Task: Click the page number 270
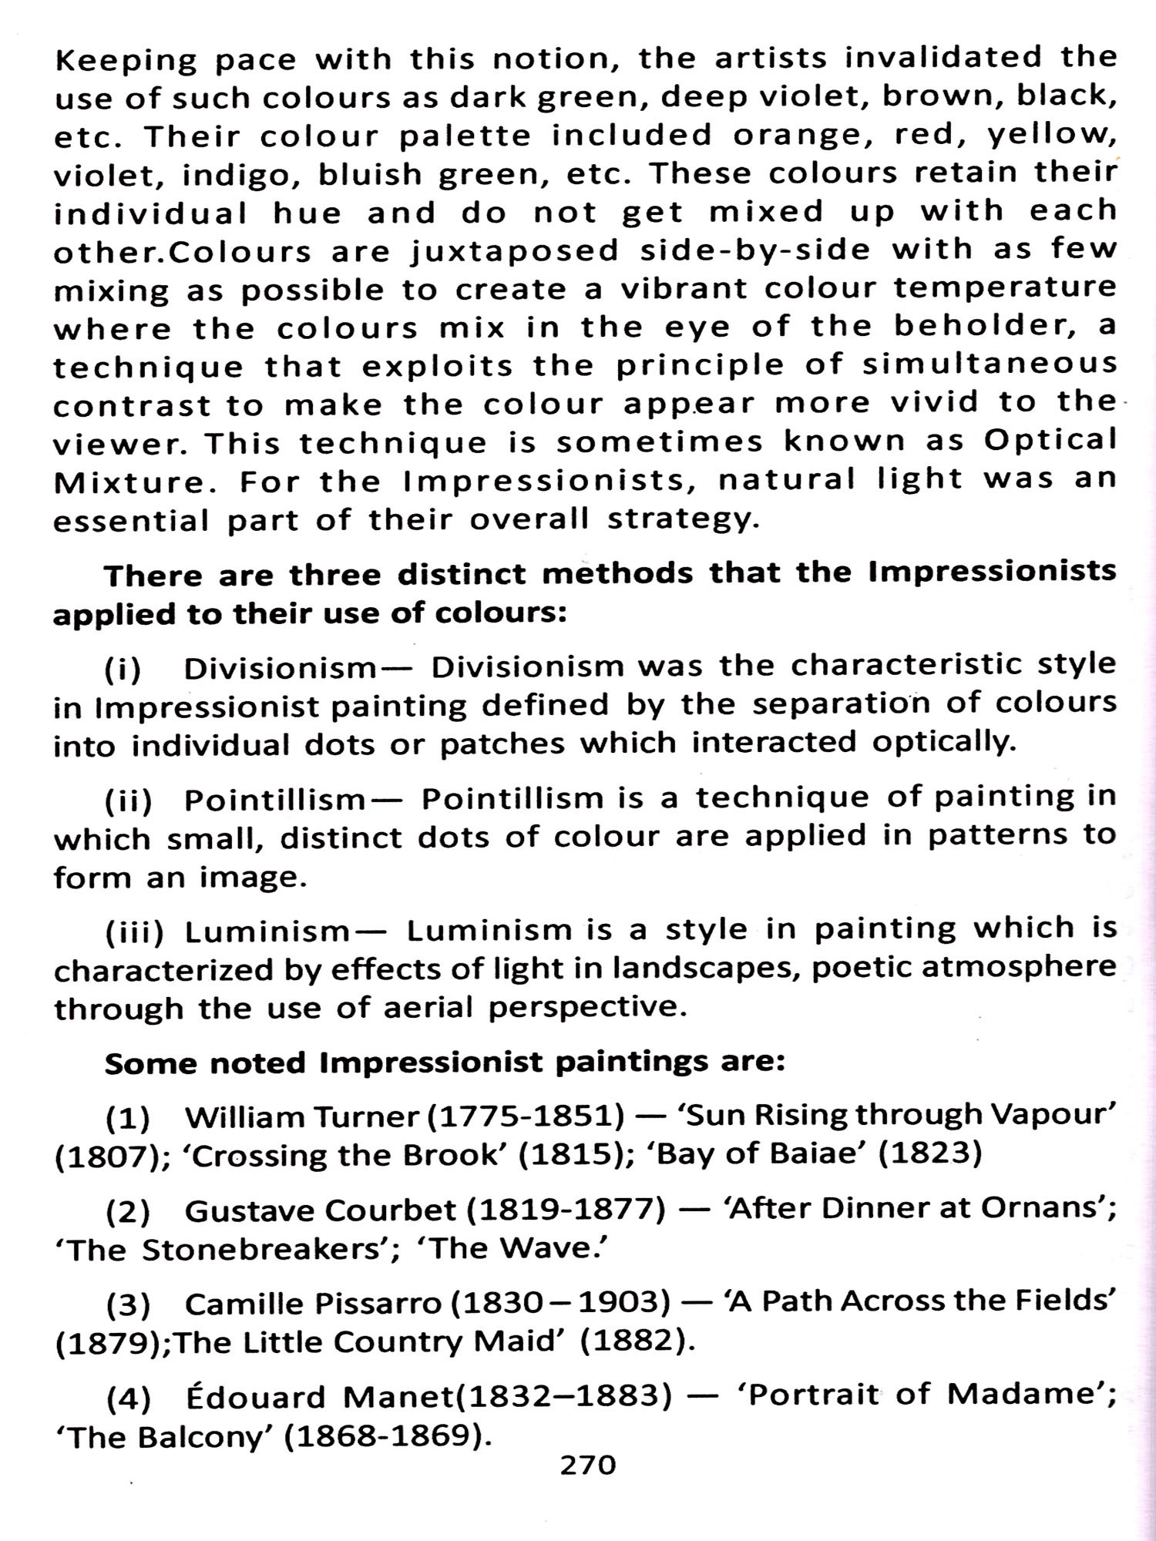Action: [588, 1465]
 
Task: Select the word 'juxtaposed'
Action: [514, 252]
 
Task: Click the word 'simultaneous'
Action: [990, 364]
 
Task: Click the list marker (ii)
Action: [129, 802]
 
